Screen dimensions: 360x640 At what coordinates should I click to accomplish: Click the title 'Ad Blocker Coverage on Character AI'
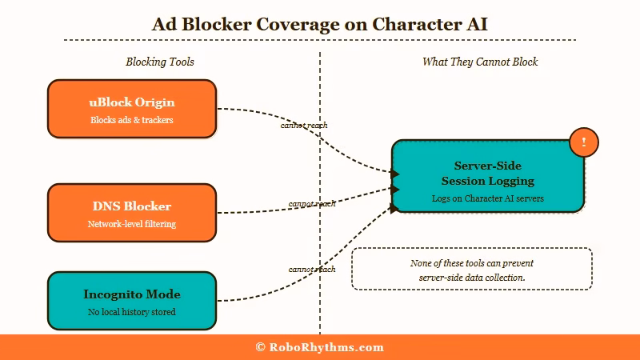(320, 24)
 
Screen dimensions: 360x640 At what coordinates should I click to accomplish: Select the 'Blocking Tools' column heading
(160, 62)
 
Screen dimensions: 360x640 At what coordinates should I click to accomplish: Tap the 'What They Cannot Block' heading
(480, 62)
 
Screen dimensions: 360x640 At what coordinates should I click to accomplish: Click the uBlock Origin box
(132, 110)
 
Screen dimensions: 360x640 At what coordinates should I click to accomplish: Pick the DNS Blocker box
(132, 214)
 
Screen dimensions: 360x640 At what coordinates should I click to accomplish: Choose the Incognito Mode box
(132, 301)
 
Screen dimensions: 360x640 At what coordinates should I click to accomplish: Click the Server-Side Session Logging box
(487, 176)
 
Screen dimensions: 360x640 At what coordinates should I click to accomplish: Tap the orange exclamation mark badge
(584, 142)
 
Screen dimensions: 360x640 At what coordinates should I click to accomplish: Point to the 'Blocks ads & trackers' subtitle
(132, 120)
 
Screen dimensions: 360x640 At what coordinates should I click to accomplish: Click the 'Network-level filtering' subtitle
(132, 224)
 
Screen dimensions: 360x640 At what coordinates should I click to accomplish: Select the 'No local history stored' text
(132, 312)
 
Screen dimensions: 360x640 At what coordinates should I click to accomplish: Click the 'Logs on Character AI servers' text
(487, 197)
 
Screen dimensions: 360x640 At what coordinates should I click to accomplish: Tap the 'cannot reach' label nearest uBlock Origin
(303, 126)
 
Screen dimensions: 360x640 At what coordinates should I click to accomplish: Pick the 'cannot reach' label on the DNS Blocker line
(312, 204)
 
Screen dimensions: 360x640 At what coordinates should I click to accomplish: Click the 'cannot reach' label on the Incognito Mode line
(312, 270)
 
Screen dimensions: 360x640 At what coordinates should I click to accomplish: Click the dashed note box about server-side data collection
(472, 270)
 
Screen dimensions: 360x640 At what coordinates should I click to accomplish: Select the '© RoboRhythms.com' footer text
(320, 347)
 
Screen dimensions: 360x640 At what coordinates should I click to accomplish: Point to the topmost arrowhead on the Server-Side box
(394, 174)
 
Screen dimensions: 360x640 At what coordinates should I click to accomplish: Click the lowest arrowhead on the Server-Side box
(394, 208)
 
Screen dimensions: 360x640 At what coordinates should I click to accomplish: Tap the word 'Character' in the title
(417, 24)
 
